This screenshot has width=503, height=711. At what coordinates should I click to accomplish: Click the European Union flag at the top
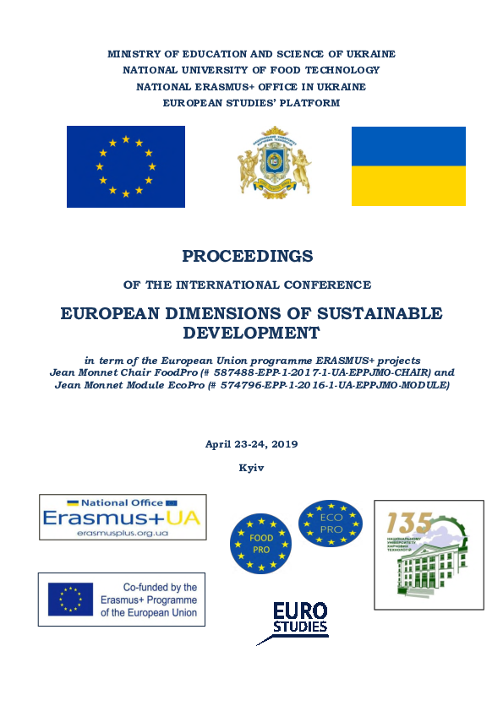tap(125, 166)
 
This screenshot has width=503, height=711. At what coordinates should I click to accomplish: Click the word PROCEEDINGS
tap(248, 256)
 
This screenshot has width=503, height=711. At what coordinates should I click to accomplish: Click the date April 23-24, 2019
tap(252, 444)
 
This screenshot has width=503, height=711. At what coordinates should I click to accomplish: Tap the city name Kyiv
tap(252, 467)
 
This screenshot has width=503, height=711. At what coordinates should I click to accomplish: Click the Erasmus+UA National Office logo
tap(122, 518)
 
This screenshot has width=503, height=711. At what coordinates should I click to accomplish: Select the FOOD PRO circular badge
tap(261, 542)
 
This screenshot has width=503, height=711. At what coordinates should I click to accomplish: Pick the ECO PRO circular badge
tap(330, 523)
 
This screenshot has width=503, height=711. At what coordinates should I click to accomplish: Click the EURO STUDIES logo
tap(298, 620)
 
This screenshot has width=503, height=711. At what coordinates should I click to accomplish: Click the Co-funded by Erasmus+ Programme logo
tap(122, 600)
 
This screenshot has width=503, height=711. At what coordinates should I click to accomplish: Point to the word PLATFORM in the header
tap(312, 103)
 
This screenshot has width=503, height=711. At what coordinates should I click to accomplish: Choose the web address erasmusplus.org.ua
tap(122, 534)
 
